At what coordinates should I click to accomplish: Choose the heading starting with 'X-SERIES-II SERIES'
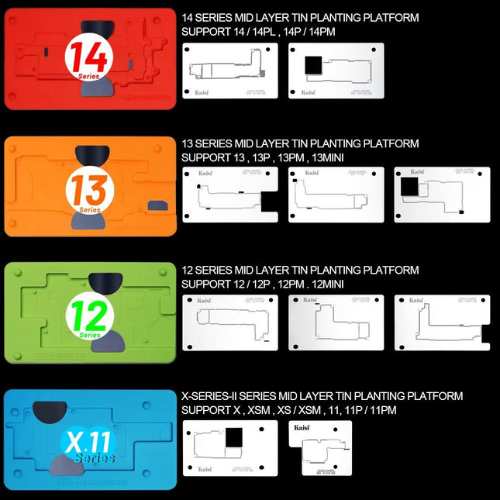tap(321, 396)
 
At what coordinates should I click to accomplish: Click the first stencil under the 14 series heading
tap(229, 71)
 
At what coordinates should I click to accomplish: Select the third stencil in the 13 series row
tap(442, 201)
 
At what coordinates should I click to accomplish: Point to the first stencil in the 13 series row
tap(229, 201)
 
